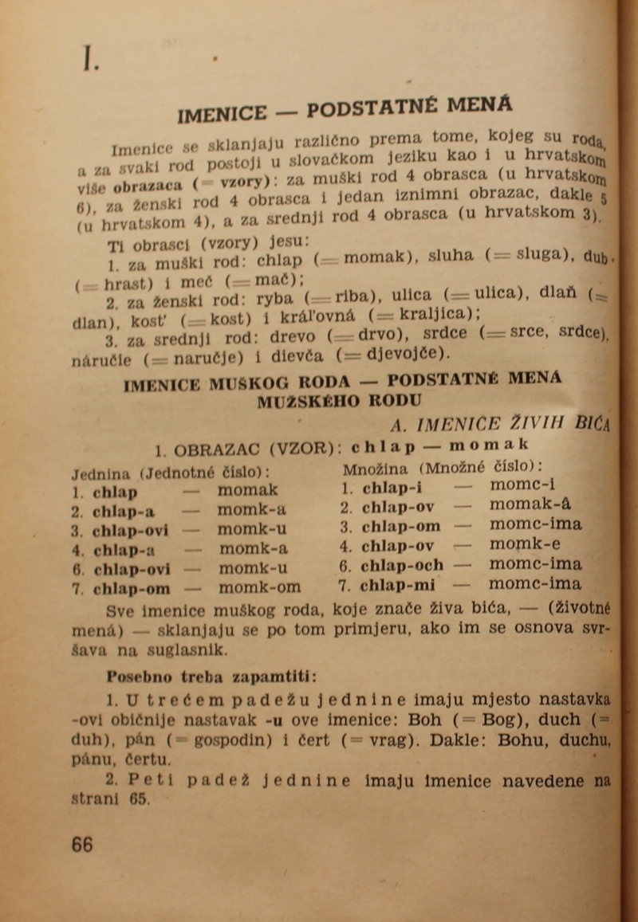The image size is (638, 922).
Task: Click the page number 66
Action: coord(81,845)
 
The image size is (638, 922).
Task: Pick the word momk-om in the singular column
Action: coord(259,588)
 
